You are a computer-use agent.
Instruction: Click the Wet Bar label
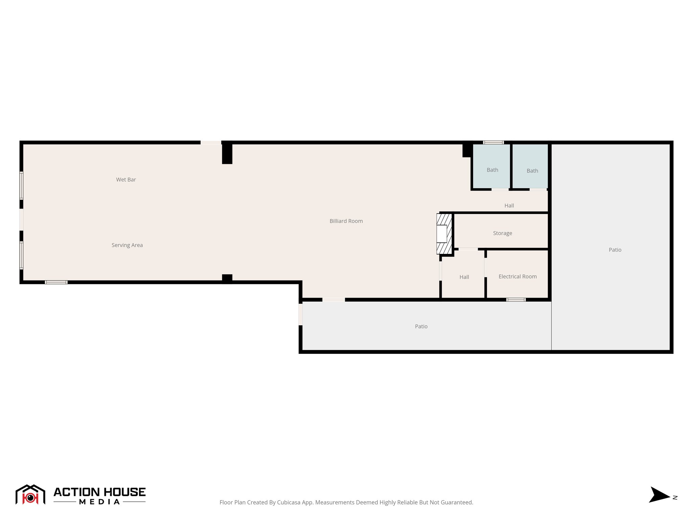[x=126, y=180]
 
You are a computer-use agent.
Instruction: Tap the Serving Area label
[x=127, y=245]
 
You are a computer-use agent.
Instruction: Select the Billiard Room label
[x=346, y=221]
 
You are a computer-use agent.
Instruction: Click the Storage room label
[x=502, y=233]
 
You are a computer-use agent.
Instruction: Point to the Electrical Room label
[x=517, y=277]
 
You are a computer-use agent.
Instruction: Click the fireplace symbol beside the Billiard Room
[x=444, y=234]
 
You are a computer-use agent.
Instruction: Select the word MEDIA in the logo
[x=99, y=502]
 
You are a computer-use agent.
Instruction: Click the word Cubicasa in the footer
[x=289, y=502]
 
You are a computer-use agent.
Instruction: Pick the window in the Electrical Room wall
[x=516, y=300]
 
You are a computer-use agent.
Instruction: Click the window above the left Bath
[x=493, y=143]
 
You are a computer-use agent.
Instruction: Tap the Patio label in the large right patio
[x=615, y=250]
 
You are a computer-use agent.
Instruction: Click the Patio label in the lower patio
[x=421, y=326]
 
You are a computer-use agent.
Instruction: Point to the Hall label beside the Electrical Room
[x=464, y=277]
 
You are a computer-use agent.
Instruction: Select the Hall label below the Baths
[x=509, y=205]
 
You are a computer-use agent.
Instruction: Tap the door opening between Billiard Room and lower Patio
[x=334, y=300]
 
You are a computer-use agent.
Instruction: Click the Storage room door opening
[x=468, y=249]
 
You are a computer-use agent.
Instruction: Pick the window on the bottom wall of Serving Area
[x=56, y=282]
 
